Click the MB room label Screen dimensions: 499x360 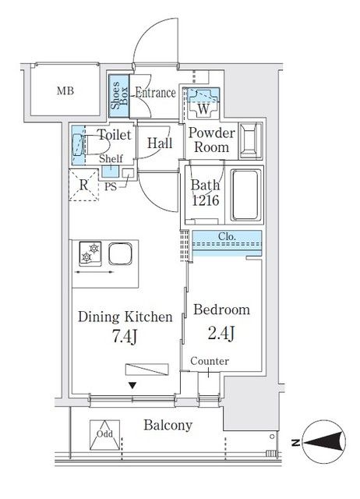click(x=65, y=91)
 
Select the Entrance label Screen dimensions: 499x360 click(x=155, y=93)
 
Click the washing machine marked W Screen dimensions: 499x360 click(x=202, y=98)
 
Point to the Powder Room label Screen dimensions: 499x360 click(x=211, y=140)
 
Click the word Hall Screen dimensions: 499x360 click(x=160, y=143)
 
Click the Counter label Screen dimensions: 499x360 click(x=209, y=362)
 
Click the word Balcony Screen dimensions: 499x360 click(x=168, y=426)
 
